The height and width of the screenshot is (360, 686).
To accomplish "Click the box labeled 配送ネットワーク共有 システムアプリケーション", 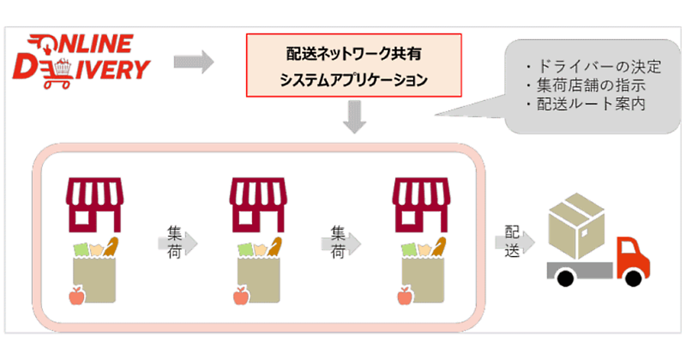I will point(353,65).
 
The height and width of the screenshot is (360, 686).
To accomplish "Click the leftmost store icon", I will point(95,202).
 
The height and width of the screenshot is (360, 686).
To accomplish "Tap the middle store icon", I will point(257,202).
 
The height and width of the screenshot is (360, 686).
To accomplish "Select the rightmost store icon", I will point(421,202).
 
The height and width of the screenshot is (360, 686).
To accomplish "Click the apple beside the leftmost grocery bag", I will point(76,297).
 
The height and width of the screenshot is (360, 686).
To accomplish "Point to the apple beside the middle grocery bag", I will point(240,297).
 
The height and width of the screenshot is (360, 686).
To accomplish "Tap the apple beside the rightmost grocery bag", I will point(404,297).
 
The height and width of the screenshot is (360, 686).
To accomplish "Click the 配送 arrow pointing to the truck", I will point(514,242).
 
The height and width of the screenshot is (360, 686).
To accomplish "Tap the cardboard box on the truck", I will point(576,226).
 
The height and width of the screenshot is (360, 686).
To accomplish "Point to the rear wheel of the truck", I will point(565,279).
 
